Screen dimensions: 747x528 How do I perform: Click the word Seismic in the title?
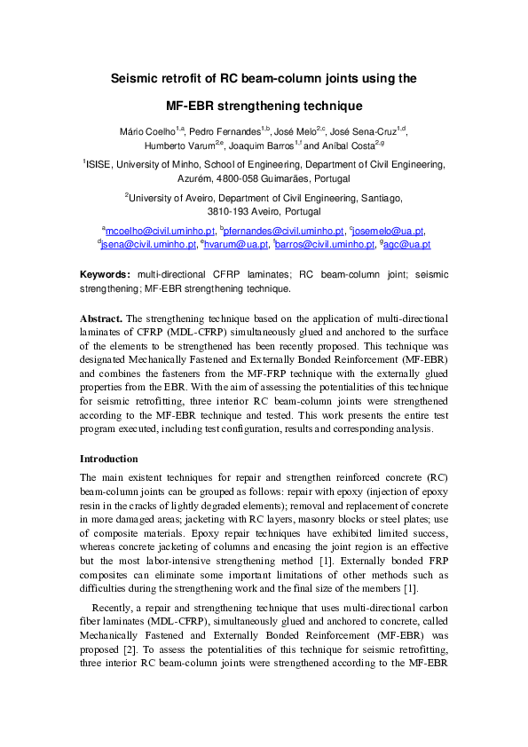(x=137, y=78)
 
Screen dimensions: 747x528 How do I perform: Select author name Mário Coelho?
(x=147, y=131)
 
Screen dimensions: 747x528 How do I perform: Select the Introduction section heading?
(x=108, y=459)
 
